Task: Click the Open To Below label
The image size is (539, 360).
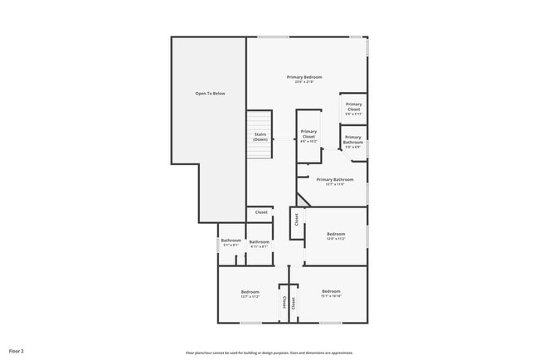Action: coord(210,94)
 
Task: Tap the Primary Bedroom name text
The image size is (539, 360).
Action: coord(304,77)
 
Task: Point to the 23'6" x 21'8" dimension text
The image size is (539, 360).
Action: coord(304,82)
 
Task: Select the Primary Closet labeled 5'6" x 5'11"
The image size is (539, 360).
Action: coord(353,108)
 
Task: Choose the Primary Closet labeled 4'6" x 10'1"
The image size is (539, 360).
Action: coord(308,136)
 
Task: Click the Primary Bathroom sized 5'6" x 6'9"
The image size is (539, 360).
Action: coord(353,142)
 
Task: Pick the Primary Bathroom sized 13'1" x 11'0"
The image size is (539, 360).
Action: coord(335,181)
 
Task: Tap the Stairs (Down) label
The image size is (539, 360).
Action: coord(260,137)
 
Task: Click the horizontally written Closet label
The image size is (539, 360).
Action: coord(260,213)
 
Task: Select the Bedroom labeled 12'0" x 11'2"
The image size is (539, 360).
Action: coord(336,236)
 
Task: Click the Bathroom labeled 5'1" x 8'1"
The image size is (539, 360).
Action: coord(230,243)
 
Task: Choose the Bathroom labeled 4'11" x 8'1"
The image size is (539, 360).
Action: coord(259,243)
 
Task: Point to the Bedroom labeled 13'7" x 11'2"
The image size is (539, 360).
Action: coord(250,293)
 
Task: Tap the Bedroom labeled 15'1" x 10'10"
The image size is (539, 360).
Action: coord(332,293)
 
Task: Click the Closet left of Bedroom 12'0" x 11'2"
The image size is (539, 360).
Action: coord(295,221)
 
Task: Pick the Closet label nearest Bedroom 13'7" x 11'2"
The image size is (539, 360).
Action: coord(283,303)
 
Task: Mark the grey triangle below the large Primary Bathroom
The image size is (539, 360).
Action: coord(302,200)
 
